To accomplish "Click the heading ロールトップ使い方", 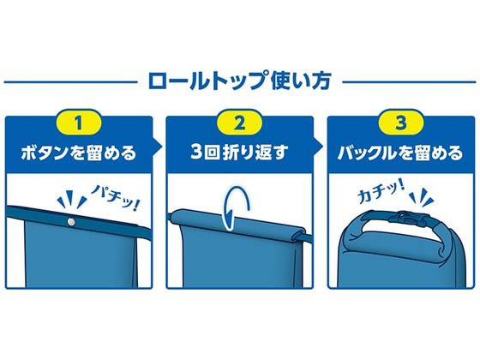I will pyautogui.click(x=240, y=83).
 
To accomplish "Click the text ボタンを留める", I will pyautogui.click(x=79, y=156).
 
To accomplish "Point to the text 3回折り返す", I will pyautogui.click(x=239, y=156).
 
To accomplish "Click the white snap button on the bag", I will pyautogui.click(x=70, y=221).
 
